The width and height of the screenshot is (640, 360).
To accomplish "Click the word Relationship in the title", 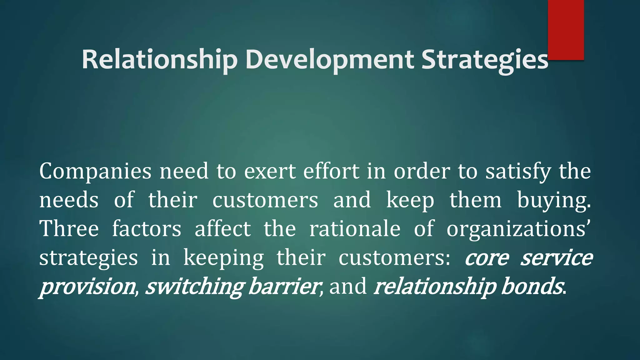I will coord(159,60).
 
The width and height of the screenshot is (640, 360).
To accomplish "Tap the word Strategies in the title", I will coord(484,60).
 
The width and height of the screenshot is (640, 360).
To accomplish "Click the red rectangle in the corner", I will coord(566,30).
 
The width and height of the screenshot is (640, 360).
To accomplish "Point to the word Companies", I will coord(95,172).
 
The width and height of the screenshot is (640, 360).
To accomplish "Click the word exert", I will coord(269,172).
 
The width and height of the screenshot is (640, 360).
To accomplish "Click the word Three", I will coord(69,229).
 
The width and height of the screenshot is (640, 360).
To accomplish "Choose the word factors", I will coord(147,229).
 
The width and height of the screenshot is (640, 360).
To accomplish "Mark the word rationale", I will coord(355,229).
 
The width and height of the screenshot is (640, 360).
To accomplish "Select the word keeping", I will coord(223,258).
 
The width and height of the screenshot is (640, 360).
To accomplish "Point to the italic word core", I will coord(487,258).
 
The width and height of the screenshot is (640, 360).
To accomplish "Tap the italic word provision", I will coord(87,287).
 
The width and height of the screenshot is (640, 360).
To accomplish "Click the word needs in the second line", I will coord(69,201).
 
